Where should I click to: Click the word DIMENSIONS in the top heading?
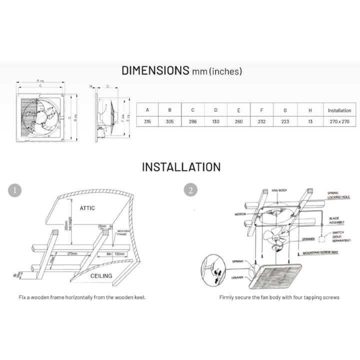pos(155,70)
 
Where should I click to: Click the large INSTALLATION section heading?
pos(180,166)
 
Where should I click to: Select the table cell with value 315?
pos(147,121)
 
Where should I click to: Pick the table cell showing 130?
pos(215,121)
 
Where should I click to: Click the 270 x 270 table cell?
pos(339,121)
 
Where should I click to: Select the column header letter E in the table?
pos(238,110)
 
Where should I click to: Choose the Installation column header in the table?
pos(339,110)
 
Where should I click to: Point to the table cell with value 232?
pos(261,121)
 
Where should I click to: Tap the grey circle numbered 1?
pos(16,190)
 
